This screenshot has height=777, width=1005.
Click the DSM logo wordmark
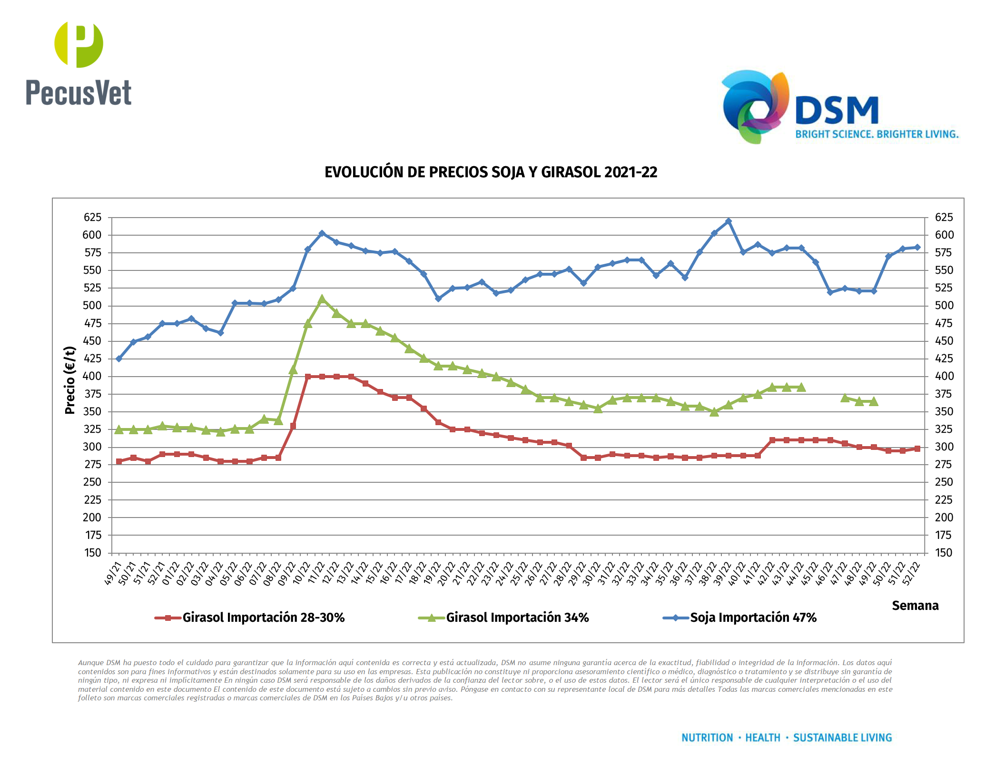tap(837, 110)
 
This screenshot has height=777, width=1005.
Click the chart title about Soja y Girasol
tap(491, 172)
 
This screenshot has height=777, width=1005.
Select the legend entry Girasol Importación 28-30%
tap(263, 618)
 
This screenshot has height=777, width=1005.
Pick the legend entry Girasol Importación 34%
tap(517, 618)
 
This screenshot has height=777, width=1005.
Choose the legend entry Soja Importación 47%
tap(753, 618)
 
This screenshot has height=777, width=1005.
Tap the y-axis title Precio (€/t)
tap(70, 380)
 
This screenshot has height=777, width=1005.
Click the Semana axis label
tap(915, 606)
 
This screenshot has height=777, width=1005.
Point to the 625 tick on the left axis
tap(92, 218)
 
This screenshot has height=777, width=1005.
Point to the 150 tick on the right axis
tap(943, 553)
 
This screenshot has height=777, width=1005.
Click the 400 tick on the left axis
tap(92, 376)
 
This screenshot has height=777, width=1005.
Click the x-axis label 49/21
tap(113, 573)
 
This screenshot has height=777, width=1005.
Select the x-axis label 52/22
tap(911, 573)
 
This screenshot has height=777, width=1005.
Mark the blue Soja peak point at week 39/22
tap(729, 221)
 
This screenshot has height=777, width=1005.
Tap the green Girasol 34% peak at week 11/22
tap(322, 299)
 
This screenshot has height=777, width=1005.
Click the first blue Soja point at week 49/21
tap(119, 359)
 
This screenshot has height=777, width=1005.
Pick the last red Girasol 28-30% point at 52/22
tap(917, 448)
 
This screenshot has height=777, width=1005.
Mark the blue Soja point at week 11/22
tap(322, 233)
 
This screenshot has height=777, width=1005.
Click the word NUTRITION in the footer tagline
tap(707, 737)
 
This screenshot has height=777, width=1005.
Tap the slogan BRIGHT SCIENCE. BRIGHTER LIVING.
tap(877, 134)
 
